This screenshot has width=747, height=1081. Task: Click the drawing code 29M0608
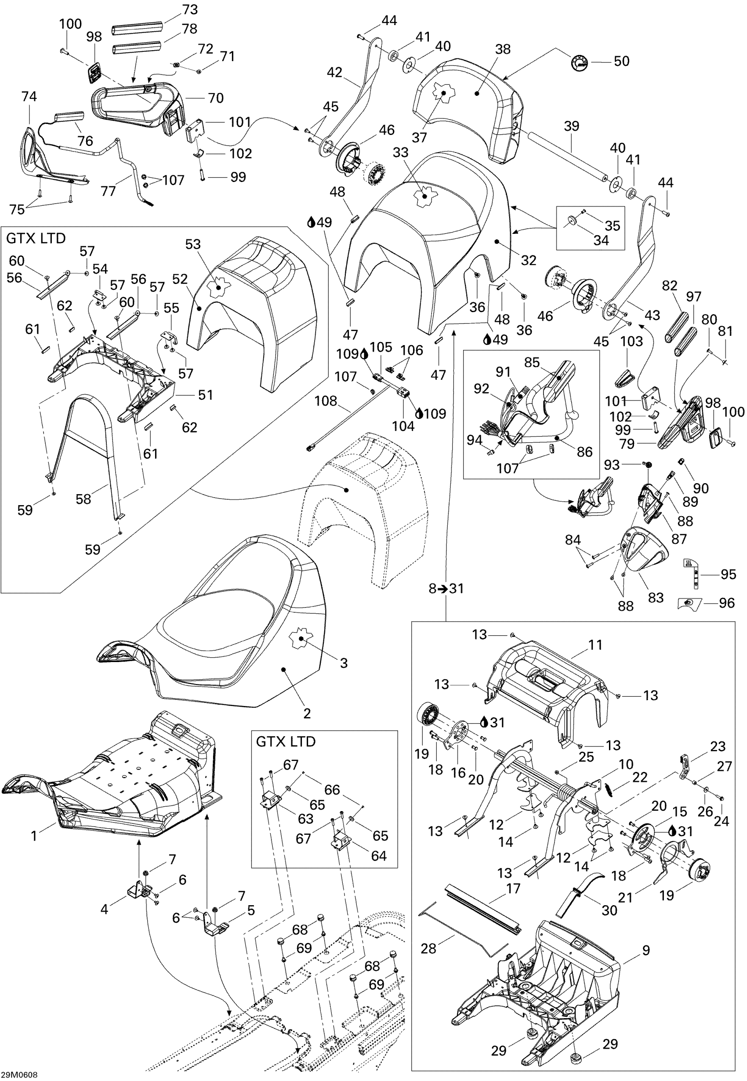tap(19, 1074)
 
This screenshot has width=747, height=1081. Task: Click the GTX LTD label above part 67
tap(286, 742)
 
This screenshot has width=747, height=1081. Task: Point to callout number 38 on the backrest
tap(503, 49)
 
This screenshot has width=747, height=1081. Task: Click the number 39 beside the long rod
tap(572, 127)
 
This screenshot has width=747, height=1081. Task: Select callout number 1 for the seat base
tap(34, 836)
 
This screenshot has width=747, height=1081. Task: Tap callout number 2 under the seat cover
tap(307, 713)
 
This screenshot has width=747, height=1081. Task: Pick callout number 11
tap(595, 644)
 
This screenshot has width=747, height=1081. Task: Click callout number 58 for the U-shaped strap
tap(83, 499)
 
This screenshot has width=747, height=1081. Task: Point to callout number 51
tap(206, 395)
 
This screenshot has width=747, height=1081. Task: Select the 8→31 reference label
tap(446, 588)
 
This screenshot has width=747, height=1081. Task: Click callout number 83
tap(656, 597)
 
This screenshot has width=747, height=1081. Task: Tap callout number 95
tap(728, 574)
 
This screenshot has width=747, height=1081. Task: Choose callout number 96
tap(727, 603)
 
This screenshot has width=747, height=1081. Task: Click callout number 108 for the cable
tap(326, 401)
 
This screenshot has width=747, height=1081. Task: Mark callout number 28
tap(429, 949)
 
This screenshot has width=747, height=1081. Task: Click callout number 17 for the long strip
tap(513, 888)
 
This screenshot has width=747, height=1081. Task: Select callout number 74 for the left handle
tap(29, 96)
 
